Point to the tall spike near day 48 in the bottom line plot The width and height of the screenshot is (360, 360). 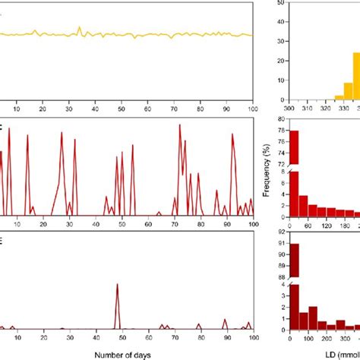coord(117,286)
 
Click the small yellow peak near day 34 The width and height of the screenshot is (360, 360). coord(80,28)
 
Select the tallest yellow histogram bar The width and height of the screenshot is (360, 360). coord(355,76)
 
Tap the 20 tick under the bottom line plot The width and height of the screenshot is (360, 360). coord(43,337)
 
